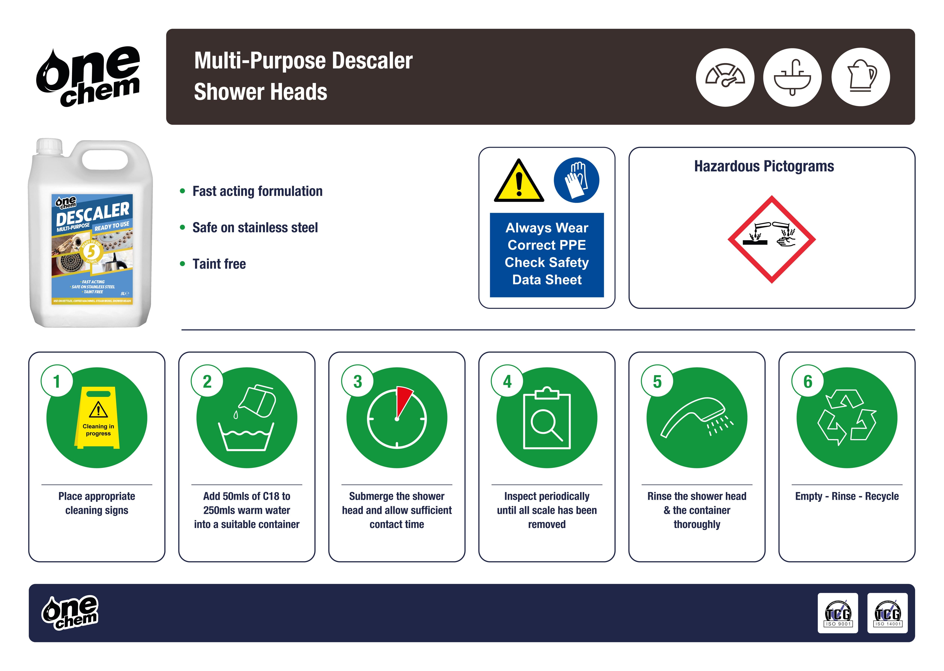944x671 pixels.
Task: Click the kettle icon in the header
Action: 861,77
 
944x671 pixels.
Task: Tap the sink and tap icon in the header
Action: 792,77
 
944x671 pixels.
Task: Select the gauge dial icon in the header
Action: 725,77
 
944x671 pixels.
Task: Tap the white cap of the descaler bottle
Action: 49,147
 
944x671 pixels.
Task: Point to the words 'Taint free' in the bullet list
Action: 219,264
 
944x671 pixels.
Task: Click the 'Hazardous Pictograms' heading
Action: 764,166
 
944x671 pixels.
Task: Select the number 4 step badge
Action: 507,381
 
